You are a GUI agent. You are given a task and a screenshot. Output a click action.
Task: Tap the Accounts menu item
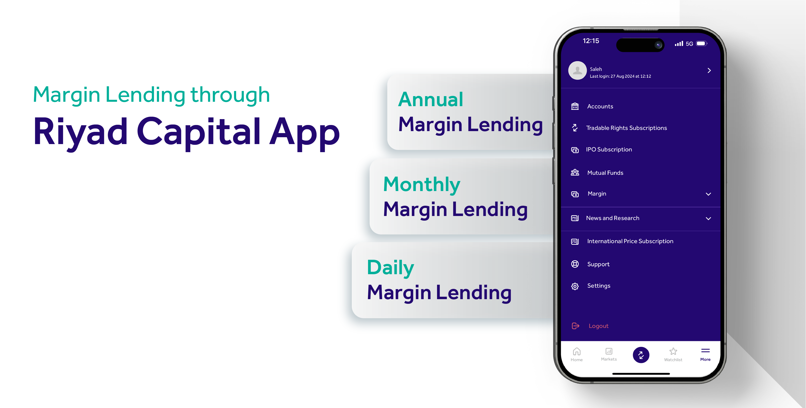[x=600, y=106]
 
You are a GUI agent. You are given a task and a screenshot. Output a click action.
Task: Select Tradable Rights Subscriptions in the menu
[x=626, y=128]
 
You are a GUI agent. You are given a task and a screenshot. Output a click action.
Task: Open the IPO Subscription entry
[x=609, y=149]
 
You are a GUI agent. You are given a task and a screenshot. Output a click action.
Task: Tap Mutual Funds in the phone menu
[x=605, y=173]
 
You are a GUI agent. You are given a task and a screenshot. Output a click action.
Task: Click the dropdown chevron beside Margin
[x=708, y=194]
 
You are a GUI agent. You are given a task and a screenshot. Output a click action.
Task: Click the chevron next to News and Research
[x=708, y=218]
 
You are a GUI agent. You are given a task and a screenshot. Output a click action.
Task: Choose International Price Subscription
[x=630, y=241]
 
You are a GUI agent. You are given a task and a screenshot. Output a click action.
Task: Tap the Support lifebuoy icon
[x=575, y=264]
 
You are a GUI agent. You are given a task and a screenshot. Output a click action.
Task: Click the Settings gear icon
[x=575, y=286]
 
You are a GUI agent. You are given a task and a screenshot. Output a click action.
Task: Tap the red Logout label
[x=599, y=326]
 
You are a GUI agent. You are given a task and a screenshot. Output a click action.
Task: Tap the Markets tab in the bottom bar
[x=609, y=354]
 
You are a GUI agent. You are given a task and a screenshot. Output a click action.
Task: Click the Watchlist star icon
[x=673, y=351]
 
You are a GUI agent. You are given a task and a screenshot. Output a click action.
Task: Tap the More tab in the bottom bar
[x=705, y=354]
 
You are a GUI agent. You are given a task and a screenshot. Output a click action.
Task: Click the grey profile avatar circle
[x=577, y=70]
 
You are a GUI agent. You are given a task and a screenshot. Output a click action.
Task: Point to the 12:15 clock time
[x=591, y=41]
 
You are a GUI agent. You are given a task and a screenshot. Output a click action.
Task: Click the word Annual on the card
[x=431, y=100]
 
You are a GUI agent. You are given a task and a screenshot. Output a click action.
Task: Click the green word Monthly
[x=422, y=185]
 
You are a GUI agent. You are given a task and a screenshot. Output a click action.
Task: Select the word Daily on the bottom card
[x=391, y=268]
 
